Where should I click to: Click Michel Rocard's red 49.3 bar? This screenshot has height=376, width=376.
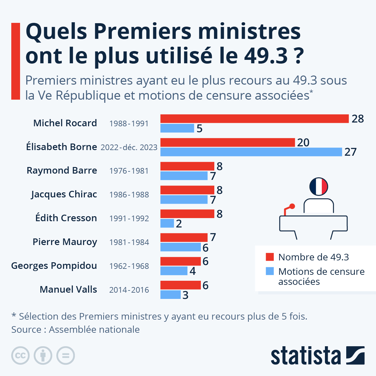(x=254, y=119)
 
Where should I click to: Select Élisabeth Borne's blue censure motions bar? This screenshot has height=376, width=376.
(x=251, y=152)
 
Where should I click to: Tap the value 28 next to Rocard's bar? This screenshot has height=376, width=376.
(x=358, y=119)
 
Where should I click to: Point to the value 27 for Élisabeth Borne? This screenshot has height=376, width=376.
(x=350, y=152)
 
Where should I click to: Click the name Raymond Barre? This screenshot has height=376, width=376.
(x=62, y=170)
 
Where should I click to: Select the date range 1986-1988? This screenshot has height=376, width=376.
(x=129, y=195)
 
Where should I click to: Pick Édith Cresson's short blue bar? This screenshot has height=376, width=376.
(x=167, y=223)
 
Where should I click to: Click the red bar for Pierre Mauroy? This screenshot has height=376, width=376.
(x=184, y=238)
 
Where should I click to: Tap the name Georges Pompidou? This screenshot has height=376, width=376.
(x=54, y=266)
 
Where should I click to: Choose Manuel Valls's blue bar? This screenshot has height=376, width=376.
(x=170, y=295)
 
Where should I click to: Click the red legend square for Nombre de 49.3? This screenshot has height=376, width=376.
(x=270, y=257)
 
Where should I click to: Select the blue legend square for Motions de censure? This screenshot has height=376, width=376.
(x=270, y=271)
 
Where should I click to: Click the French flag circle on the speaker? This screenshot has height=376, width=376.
(x=318, y=186)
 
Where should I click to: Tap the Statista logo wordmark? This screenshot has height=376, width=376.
(x=305, y=356)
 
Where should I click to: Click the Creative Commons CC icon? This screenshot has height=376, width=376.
(x=20, y=356)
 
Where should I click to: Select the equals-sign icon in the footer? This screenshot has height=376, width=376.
(x=65, y=356)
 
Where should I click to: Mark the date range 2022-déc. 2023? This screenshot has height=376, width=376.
(x=129, y=147)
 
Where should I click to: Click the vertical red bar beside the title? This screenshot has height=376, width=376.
(x=16, y=61)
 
